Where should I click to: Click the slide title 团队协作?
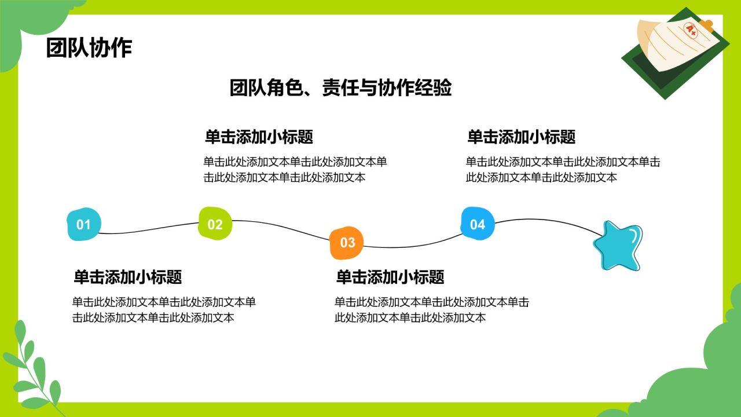pyautogui.click(x=89, y=48)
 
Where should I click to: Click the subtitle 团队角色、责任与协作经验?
pyautogui.click(x=340, y=88)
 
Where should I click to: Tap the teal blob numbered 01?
pyautogui.click(x=84, y=224)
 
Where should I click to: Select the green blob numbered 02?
pyautogui.click(x=215, y=224)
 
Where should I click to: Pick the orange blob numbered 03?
pyautogui.click(x=346, y=242)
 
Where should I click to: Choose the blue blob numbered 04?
pyautogui.click(x=478, y=224)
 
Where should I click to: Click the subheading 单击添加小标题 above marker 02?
pyautogui.click(x=259, y=137)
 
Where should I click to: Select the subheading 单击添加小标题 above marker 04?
pyautogui.click(x=521, y=137)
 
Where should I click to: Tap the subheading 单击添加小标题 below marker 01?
pyautogui.click(x=127, y=277)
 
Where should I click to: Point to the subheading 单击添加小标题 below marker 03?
pyautogui.click(x=390, y=277)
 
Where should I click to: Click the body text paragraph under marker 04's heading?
pyautogui.click(x=562, y=170)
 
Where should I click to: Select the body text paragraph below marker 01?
pyautogui.click(x=163, y=310)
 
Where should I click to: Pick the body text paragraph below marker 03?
pyautogui.click(x=431, y=310)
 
